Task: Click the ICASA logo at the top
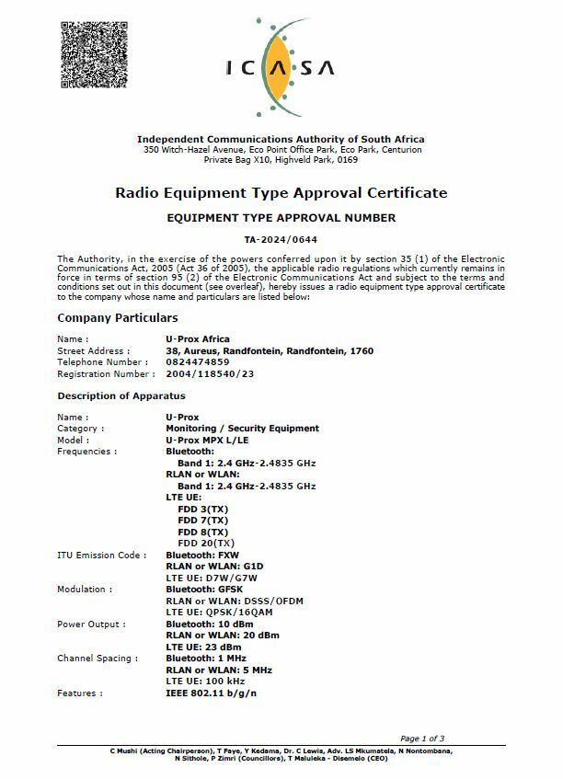(281, 65)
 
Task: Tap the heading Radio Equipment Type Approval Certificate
(281, 193)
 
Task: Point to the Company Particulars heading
(118, 318)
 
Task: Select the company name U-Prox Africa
(198, 339)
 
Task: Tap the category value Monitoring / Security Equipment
(242, 429)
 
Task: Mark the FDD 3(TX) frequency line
(202, 509)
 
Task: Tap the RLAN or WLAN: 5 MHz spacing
(218, 670)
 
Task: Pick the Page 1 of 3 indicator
(421, 739)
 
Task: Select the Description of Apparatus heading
(121, 396)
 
